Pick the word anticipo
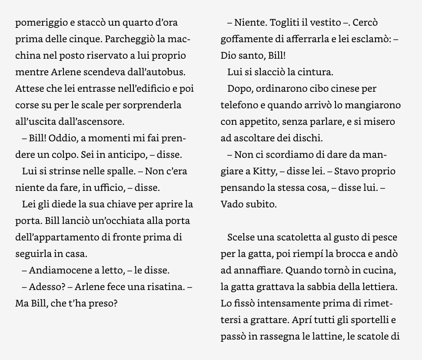(128, 155)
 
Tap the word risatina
(165, 287)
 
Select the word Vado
(231, 204)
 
